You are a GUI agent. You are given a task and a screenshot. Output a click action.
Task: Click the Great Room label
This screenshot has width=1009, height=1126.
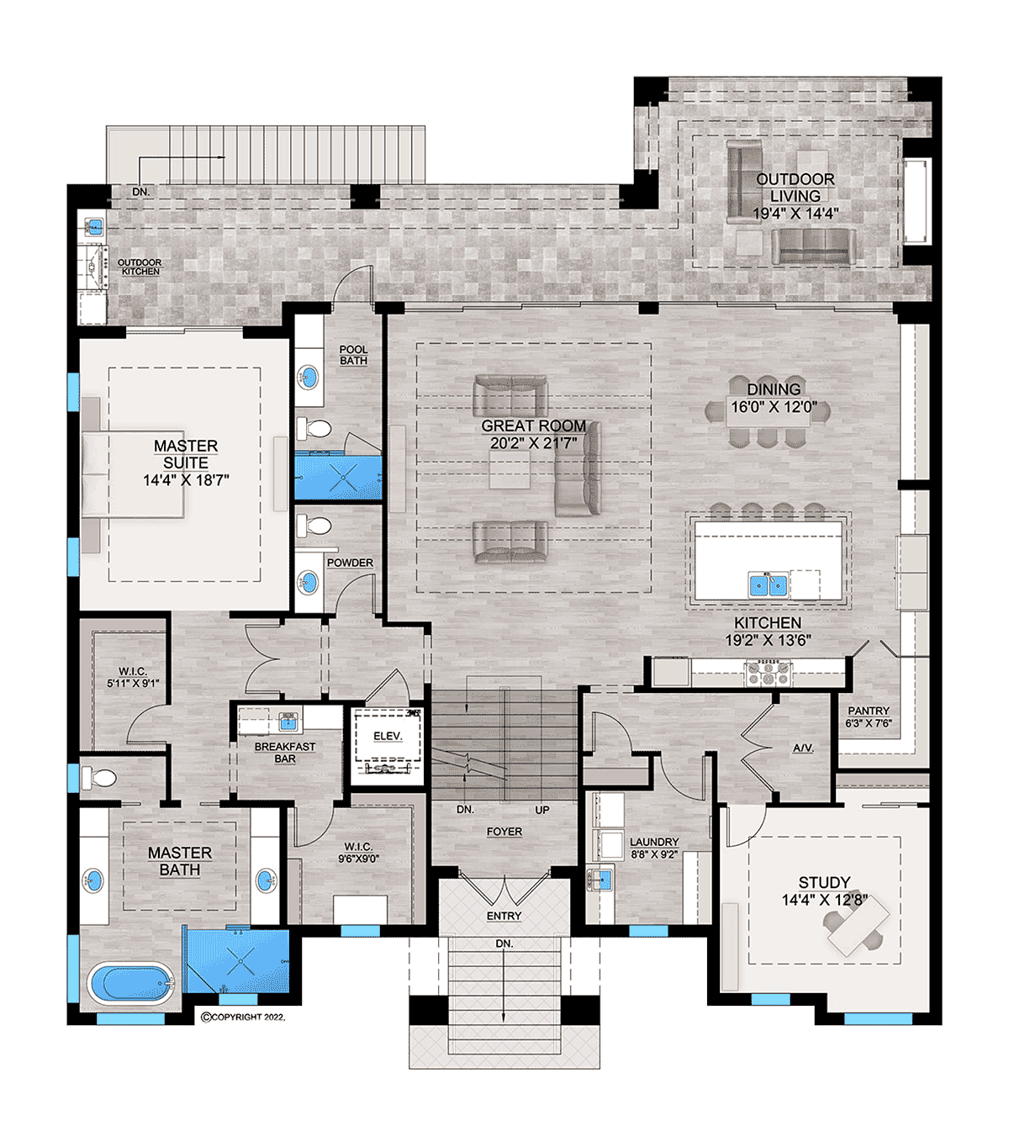[x=533, y=426]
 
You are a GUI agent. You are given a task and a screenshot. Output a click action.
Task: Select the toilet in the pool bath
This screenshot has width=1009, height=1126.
[x=314, y=430]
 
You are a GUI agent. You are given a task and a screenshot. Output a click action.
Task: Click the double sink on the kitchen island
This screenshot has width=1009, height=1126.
[x=768, y=584]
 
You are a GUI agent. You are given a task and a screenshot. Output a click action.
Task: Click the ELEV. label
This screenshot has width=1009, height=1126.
[x=388, y=737]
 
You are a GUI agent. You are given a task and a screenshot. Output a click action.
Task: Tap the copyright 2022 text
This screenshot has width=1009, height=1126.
[x=243, y=1018]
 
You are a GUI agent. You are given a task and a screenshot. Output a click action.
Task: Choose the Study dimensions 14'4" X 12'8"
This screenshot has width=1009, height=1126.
[x=825, y=900]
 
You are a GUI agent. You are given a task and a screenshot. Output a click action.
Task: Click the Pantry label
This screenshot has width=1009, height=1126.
[x=869, y=711]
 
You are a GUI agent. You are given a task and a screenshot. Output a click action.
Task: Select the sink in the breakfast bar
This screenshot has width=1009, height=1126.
[x=288, y=722]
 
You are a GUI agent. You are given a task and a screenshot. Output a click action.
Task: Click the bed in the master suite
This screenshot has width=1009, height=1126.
[x=133, y=476]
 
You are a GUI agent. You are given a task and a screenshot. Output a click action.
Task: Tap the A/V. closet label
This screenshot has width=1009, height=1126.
[x=803, y=748]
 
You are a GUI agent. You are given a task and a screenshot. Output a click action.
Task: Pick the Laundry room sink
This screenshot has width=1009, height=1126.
[x=600, y=880]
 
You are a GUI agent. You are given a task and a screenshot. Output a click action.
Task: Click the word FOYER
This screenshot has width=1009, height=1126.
[x=504, y=832]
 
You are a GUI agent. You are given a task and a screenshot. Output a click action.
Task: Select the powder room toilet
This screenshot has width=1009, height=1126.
[x=314, y=526]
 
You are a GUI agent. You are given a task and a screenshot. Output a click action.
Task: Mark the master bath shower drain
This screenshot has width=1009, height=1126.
[x=240, y=960]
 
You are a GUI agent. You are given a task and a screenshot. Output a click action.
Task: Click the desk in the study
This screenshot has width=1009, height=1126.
[x=858, y=926]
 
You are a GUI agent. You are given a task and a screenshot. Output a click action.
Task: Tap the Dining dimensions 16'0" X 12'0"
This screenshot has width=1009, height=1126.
[x=774, y=407]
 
